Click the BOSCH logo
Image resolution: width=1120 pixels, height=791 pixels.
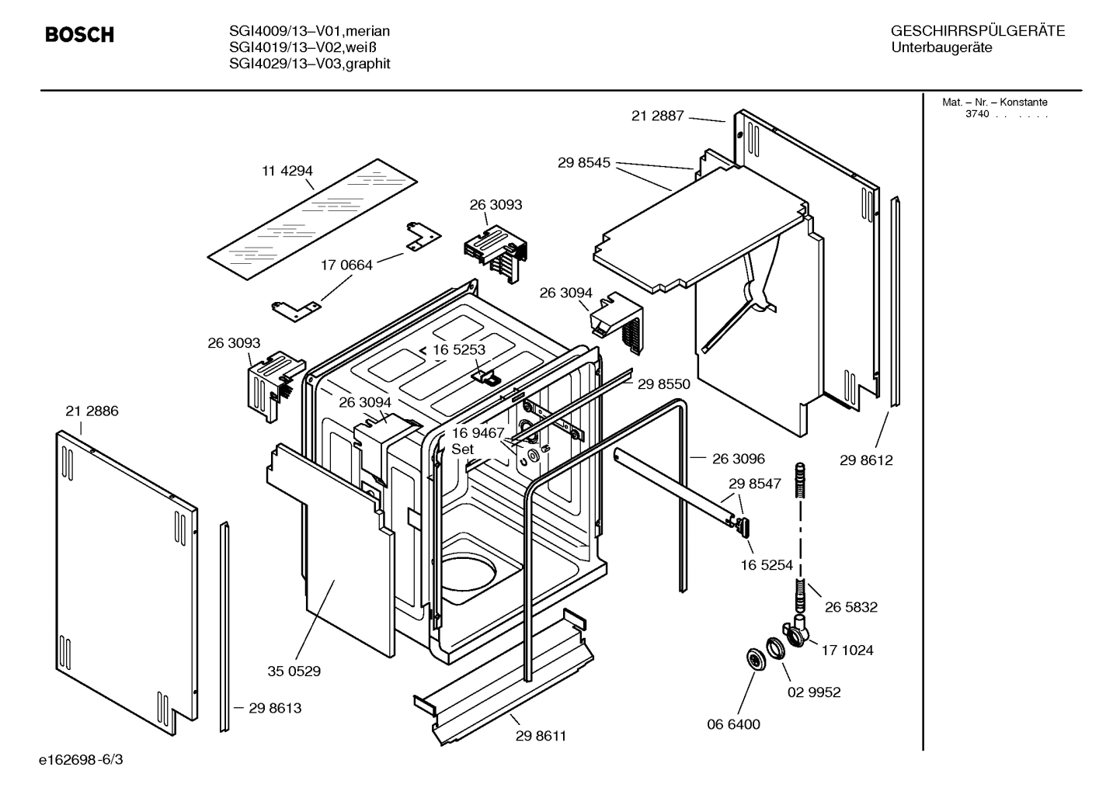click(x=79, y=35)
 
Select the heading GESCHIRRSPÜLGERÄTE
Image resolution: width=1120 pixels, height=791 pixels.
click(x=977, y=31)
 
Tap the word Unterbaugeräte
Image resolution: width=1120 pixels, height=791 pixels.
click(x=941, y=48)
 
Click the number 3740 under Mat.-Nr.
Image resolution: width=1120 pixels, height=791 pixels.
click(x=977, y=114)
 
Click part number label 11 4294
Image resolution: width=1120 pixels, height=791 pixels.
click(x=287, y=171)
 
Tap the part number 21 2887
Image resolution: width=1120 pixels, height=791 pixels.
click(x=657, y=116)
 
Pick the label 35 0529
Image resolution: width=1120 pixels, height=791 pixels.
click(x=294, y=671)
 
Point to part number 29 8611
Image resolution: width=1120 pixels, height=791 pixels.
click(x=541, y=736)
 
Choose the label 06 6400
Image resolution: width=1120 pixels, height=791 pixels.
click(x=733, y=724)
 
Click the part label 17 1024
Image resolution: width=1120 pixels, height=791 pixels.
click(x=847, y=650)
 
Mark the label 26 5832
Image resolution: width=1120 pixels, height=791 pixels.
click(x=850, y=607)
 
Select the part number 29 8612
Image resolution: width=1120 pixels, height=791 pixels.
click(x=866, y=460)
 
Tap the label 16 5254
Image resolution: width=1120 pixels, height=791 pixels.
click(x=767, y=565)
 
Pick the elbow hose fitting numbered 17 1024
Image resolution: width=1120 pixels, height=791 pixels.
click(x=795, y=633)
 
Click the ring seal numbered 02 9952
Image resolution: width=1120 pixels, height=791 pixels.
click(x=775, y=649)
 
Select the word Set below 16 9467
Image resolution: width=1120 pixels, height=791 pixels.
click(x=462, y=449)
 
